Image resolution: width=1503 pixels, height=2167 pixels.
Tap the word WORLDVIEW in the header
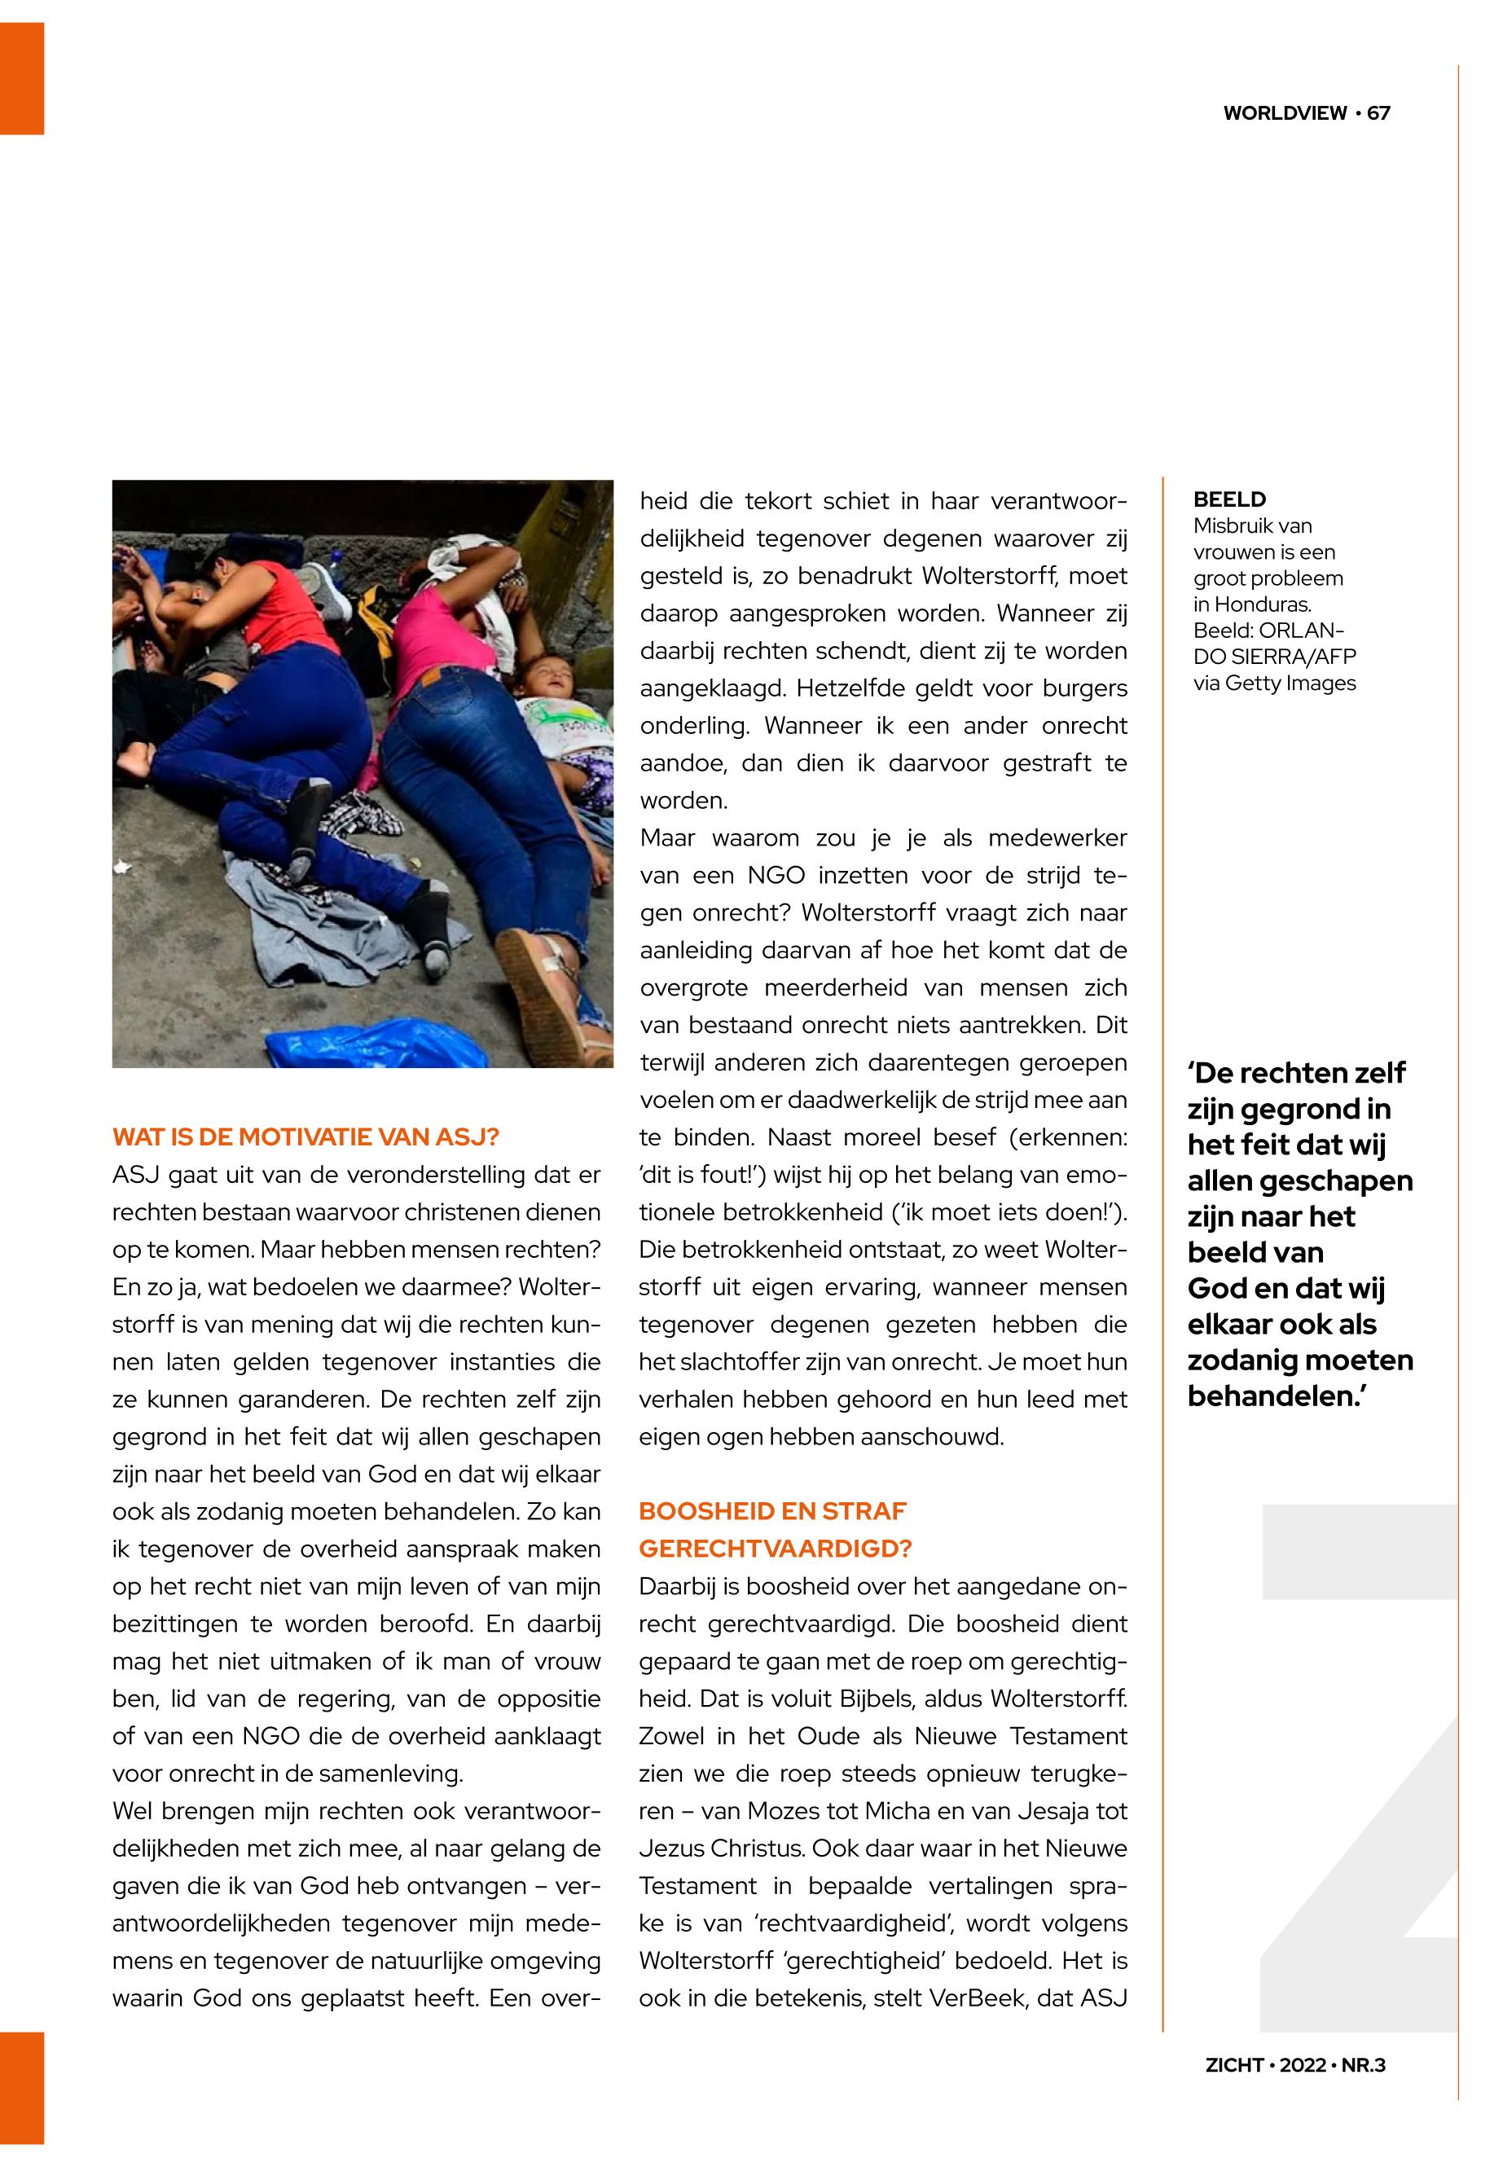pos(1285,113)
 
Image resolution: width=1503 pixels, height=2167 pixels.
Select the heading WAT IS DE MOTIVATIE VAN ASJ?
pos(305,1136)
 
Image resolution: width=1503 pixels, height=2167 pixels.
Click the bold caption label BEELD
pos(1229,499)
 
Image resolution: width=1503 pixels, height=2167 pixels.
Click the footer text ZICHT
pos(1233,2065)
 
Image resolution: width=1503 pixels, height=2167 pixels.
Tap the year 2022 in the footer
pos(1303,2065)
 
